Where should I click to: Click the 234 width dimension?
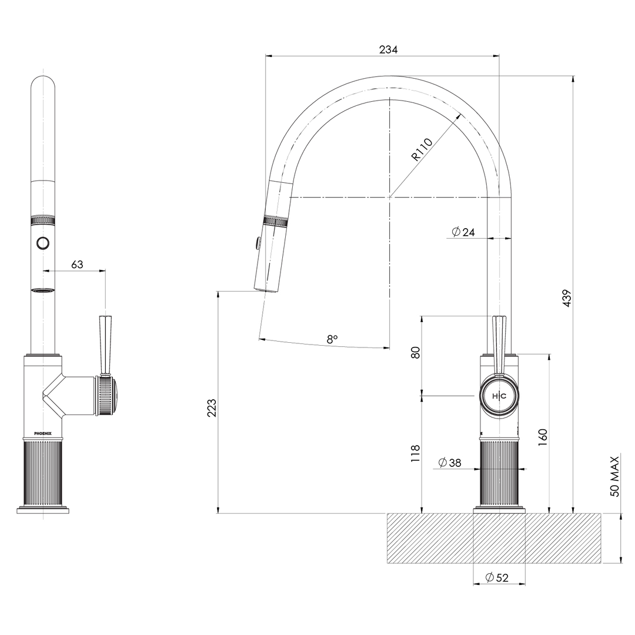(x=388, y=50)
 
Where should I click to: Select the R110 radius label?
(x=422, y=149)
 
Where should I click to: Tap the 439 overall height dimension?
(x=567, y=299)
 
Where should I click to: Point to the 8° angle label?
(x=332, y=339)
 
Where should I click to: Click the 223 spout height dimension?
(x=212, y=407)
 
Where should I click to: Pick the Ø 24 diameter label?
(x=463, y=232)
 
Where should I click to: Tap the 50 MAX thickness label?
(x=614, y=476)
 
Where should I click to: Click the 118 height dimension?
(x=416, y=454)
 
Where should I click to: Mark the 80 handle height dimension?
(x=416, y=353)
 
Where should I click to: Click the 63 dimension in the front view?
(x=77, y=265)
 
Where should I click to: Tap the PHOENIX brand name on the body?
(x=42, y=433)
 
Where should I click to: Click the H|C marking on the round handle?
(x=499, y=396)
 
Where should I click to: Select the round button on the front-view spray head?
(x=43, y=242)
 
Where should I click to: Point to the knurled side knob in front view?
(x=108, y=396)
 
